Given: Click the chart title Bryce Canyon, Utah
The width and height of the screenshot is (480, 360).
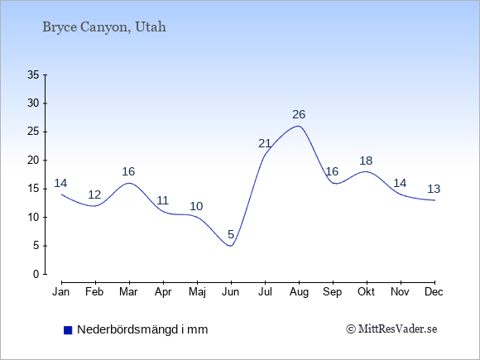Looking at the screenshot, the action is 104,27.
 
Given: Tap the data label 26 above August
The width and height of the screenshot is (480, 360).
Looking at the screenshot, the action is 299,114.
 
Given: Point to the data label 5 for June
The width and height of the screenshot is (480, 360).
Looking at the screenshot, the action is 231,234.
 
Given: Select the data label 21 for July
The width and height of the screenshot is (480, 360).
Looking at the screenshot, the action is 265,143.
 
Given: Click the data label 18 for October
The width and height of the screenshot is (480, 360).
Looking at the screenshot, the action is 366,161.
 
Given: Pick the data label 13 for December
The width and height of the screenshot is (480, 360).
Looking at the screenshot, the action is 434,189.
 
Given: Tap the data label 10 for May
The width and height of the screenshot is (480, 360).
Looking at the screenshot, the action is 196,206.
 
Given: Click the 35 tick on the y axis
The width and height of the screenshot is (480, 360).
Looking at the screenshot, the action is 33,74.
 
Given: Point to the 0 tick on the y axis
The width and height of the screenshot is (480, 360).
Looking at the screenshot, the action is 36,274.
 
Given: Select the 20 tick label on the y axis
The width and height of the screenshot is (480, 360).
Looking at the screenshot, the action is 33,160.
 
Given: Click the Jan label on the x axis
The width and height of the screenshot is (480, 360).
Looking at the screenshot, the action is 61,292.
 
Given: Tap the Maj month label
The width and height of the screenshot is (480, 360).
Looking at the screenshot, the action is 197,292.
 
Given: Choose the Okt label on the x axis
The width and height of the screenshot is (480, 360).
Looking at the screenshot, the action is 366,292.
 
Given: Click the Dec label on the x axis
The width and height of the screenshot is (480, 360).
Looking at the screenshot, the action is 434,292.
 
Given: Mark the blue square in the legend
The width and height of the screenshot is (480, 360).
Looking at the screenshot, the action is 68,330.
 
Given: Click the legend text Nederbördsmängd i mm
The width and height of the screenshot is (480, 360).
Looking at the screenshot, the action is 142,329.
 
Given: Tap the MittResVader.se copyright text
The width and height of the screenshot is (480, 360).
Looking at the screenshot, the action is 391,329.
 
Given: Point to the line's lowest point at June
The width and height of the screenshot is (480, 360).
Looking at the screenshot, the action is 231,246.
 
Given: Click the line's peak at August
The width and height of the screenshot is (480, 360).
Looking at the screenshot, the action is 299,126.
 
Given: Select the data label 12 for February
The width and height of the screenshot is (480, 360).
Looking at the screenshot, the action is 94,194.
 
